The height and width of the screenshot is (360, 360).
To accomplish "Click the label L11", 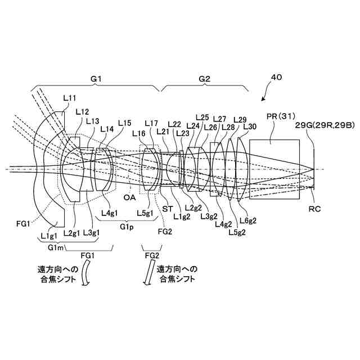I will (x=70, y=98).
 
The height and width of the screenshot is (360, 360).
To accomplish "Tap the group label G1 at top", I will (x=96, y=79).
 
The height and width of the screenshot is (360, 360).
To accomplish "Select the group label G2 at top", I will (x=204, y=79).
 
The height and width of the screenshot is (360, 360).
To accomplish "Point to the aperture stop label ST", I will (x=167, y=208).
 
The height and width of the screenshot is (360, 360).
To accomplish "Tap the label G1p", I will (x=127, y=226).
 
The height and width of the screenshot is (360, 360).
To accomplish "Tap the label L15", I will (x=125, y=123).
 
